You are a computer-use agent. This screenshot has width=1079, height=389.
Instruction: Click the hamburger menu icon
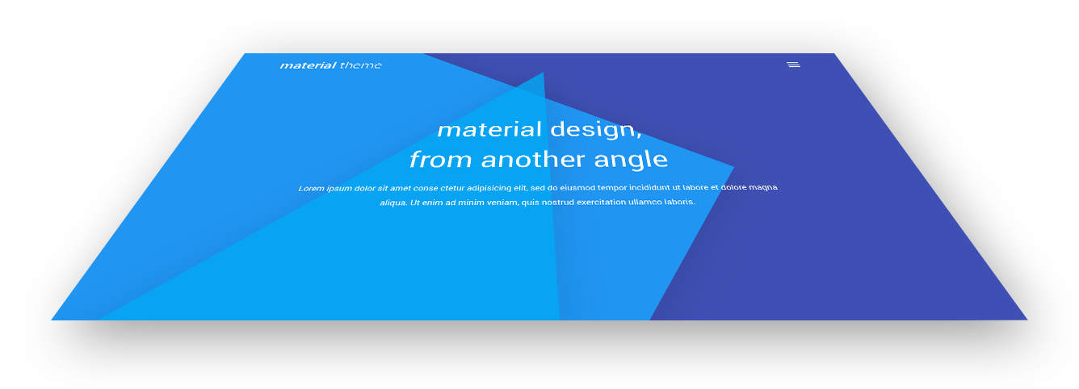click(x=793, y=65)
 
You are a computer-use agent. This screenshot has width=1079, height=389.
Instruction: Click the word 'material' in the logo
click(x=309, y=65)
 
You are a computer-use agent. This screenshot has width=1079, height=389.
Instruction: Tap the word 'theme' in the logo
click(x=361, y=65)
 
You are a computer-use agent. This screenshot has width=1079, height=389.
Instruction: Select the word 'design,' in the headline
click(x=596, y=130)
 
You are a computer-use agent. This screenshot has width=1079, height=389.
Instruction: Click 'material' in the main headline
click(x=489, y=130)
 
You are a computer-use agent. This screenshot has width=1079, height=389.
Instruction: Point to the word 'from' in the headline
click(x=441, y=159)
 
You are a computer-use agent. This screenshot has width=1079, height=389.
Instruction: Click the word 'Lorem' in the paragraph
click(x=311, y=188)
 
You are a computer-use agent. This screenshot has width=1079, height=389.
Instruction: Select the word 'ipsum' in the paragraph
click(x=339, y=189)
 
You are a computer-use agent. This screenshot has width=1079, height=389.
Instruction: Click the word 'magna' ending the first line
click(x=763, y=187)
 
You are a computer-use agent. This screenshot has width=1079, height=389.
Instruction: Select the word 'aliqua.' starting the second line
click(x=393, y=203)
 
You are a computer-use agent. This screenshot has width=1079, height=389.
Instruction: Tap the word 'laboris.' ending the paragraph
click(x=680, y=202)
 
